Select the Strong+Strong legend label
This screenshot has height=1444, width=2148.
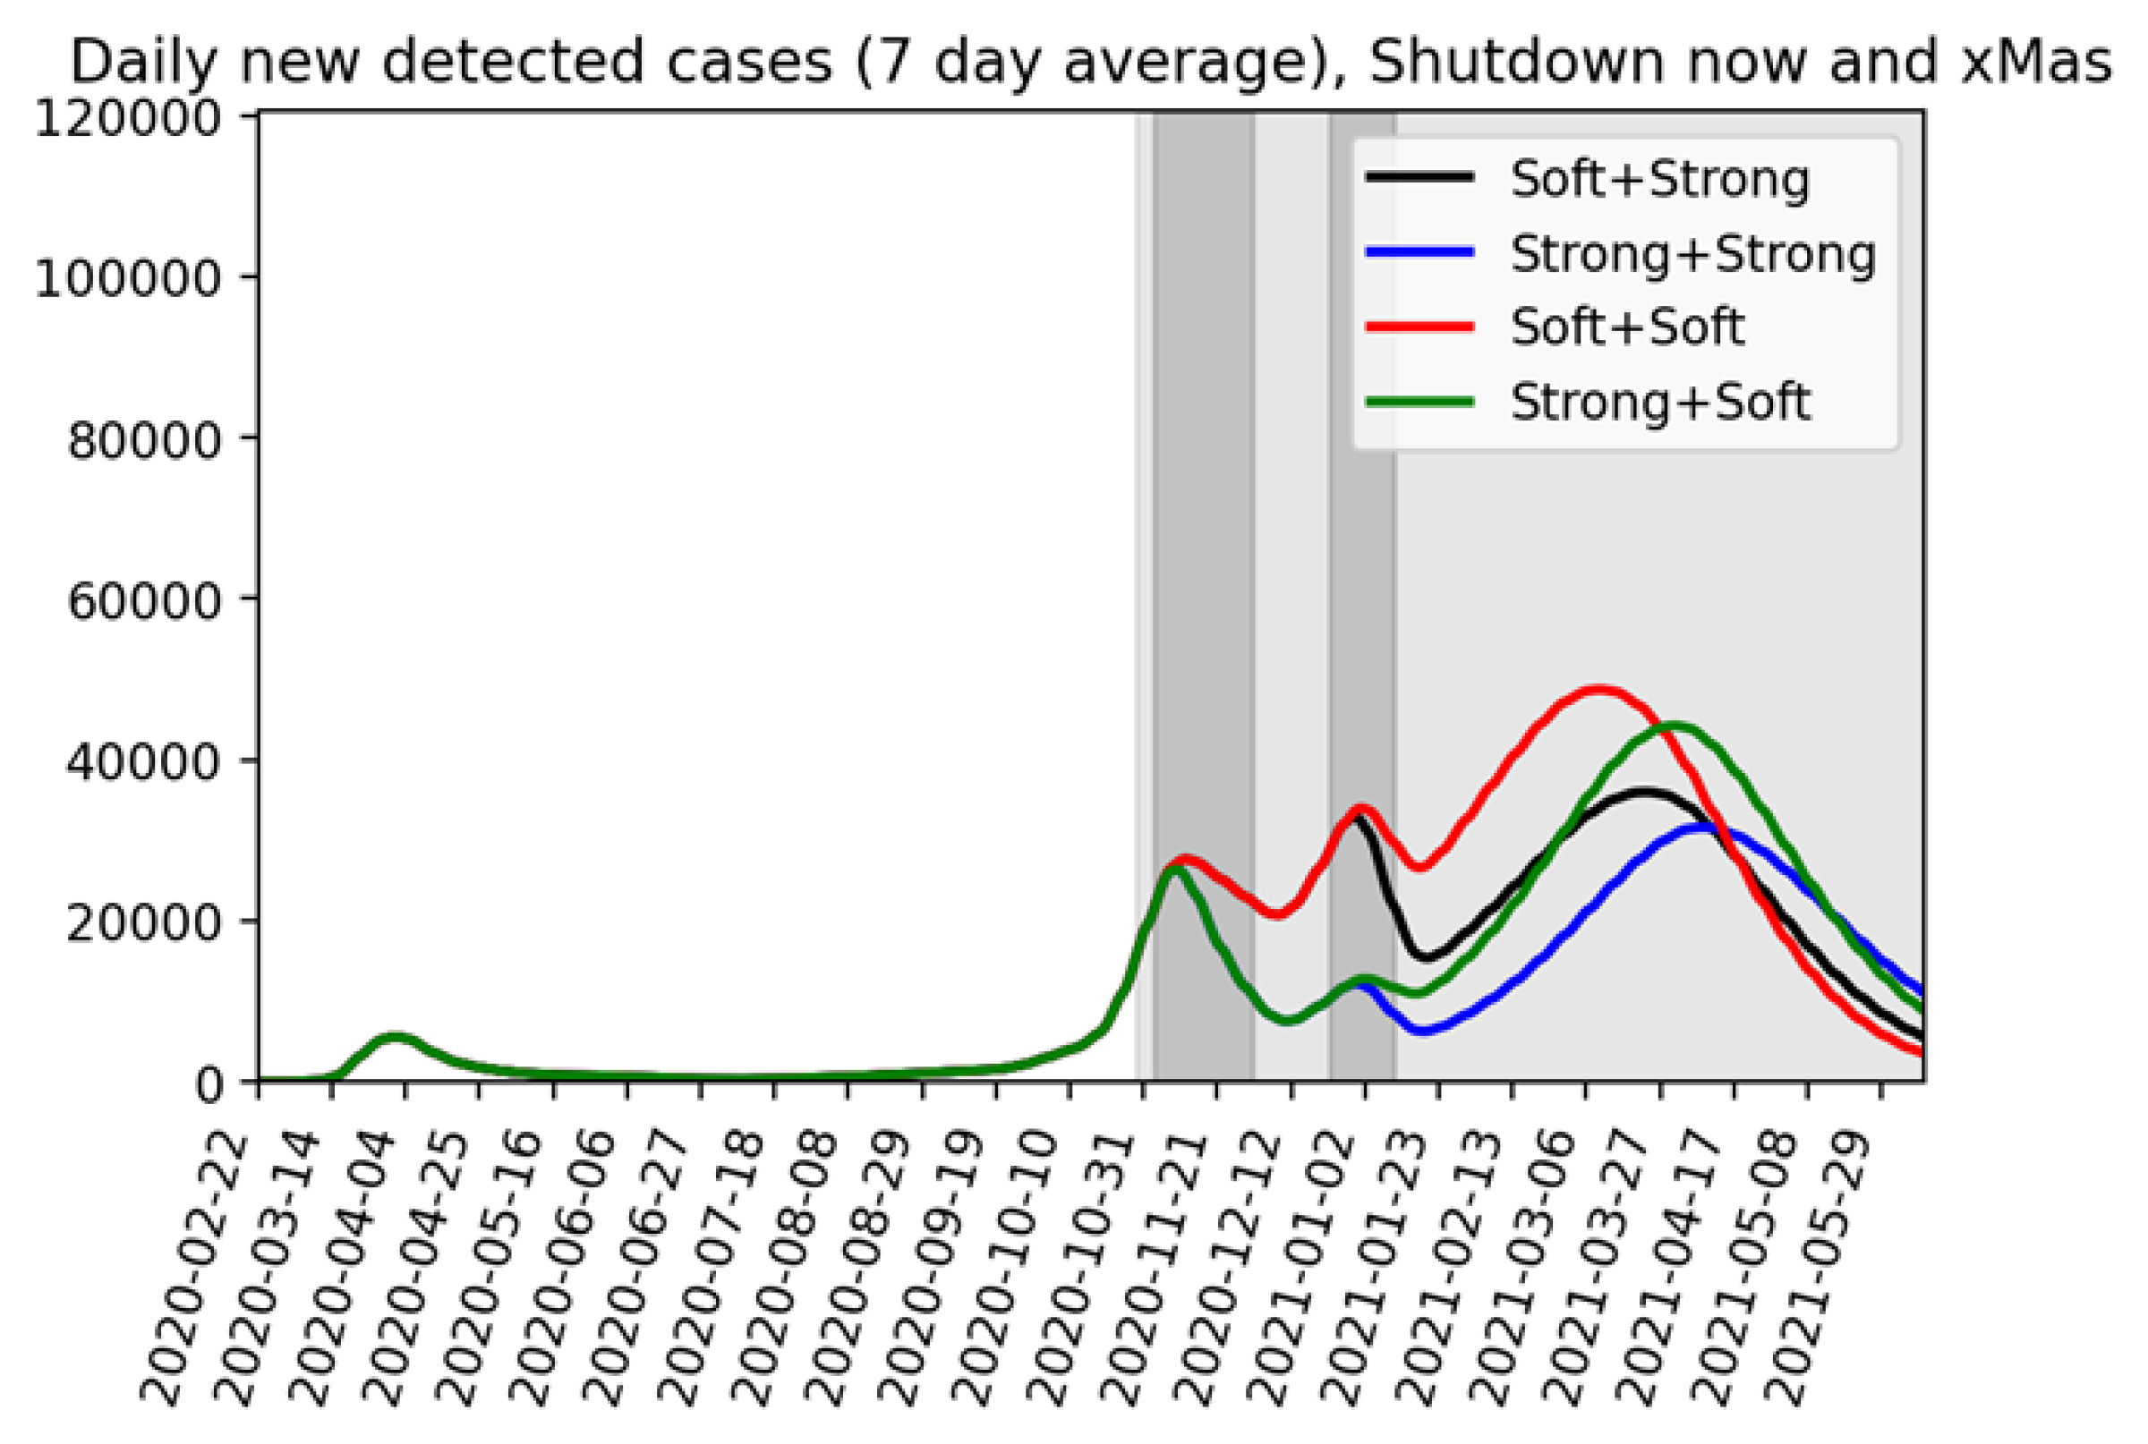click(x=1692, y=253)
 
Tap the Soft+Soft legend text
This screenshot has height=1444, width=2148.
click(x=1626, y=327)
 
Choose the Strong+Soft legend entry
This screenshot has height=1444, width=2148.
click(x=1660, y=402)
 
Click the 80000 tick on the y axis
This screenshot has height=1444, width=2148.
click(x=144, y=441)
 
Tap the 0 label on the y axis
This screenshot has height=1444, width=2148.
click(x=209, y=1085)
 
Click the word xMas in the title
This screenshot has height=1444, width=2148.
click(x=2033, y=63)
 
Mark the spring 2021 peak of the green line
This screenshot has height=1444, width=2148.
click(x=1673, y=726)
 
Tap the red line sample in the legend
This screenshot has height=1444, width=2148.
click(x=1419, y=327)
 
